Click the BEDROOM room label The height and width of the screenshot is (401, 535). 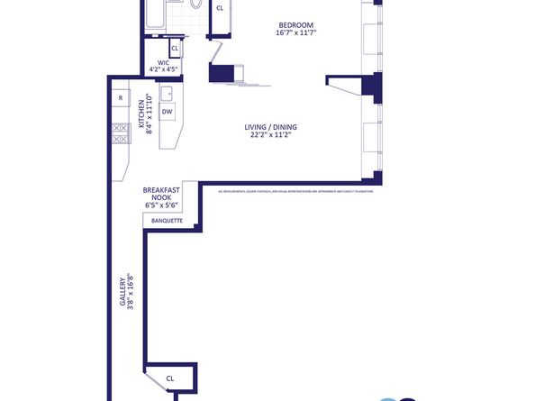pos(296,23)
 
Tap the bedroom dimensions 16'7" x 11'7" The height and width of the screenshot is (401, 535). pos(296,32)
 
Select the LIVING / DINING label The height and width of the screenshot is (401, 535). pos(271,127)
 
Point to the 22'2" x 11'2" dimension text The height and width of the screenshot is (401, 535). pos(271,137)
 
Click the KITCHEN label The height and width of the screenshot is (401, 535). pos(141,115)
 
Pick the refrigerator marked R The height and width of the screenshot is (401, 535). pos(119,97)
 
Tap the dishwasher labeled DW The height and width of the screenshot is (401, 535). pos(168,112)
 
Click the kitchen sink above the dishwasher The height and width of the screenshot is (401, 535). pos(168,92)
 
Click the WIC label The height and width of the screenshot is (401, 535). pos(163,63)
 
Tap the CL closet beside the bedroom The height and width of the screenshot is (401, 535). pos(220,8)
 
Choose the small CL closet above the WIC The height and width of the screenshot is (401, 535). pos(175,49)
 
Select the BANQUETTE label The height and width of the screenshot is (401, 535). pos(168,221)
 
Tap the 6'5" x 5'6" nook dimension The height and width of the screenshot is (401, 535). pos(162,205)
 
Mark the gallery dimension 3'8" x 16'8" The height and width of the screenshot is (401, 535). pos(131,291)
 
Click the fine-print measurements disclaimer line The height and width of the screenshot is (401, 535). pos(295,191)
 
